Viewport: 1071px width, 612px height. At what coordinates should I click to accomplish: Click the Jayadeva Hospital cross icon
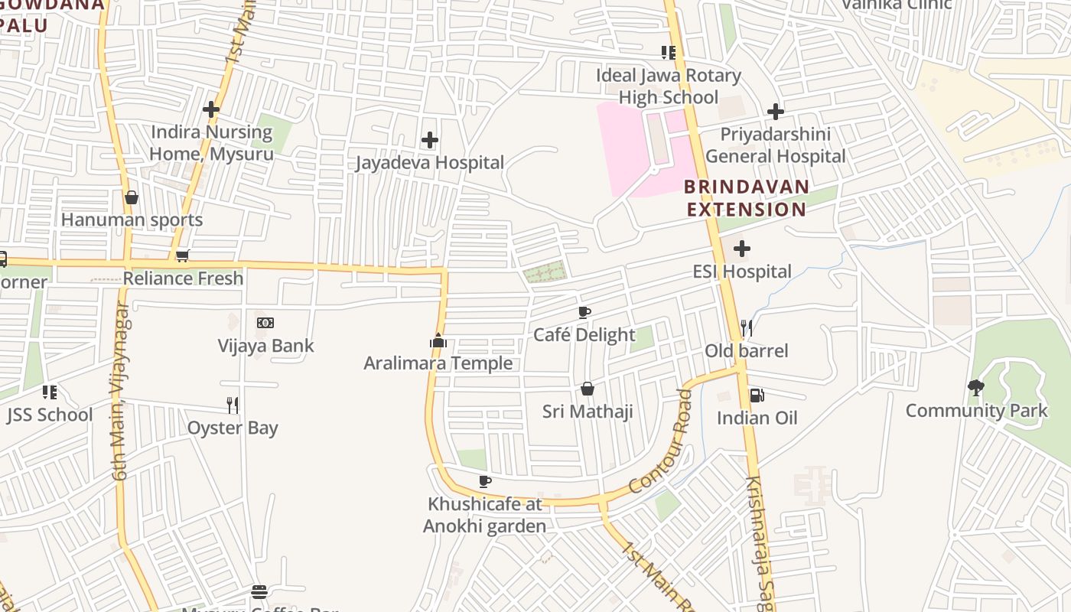pyautogui.click(x=430, y=140)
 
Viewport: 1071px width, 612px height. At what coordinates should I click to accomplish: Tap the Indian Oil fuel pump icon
pyautogui.click(x=756, y=396)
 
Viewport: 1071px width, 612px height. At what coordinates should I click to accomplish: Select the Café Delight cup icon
pyautogui.click(x=584, y=312)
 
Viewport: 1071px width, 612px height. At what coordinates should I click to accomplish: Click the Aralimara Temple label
pyautogui.click(x=438, y=363)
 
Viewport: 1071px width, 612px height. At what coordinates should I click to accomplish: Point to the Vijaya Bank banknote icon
pyautogui.click(x=265, y=323)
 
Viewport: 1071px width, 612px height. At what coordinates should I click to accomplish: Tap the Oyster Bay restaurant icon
pyautogui.click(x=233, y=405)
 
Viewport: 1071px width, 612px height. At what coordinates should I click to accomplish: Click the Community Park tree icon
pyautogui.click(x=976, y=388)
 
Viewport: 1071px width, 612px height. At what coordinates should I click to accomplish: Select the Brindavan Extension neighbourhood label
pyautogui.click(x=746, y=198)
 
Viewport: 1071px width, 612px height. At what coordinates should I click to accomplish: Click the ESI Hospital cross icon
pyautogui.click(x=741, y=249)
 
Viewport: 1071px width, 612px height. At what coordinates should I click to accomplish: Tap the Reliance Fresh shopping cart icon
pyautogui.click(x=182, y=256)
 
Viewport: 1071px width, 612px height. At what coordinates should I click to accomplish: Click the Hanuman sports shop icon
pyautogui.click(x=132, y=197)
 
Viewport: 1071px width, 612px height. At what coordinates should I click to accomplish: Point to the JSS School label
pyautogui.click(x=50, y=415)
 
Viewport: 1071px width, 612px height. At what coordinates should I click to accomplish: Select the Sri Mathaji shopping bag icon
pyautogui.click(x=588, y=389)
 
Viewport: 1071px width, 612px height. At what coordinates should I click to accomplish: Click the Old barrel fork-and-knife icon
pyautogui.click(x=747, y=328)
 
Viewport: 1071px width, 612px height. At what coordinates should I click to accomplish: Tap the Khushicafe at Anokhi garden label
pyautogui.click(x=484, y=515)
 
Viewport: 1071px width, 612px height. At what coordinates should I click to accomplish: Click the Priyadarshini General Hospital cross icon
pyautogui.click(x=776, y=112)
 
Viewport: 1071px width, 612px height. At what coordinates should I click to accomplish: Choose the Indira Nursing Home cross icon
pyautogui.click(x=211, y=109)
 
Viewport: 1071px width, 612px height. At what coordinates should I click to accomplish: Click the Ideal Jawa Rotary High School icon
pyautogui.click(x=669, y=53)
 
